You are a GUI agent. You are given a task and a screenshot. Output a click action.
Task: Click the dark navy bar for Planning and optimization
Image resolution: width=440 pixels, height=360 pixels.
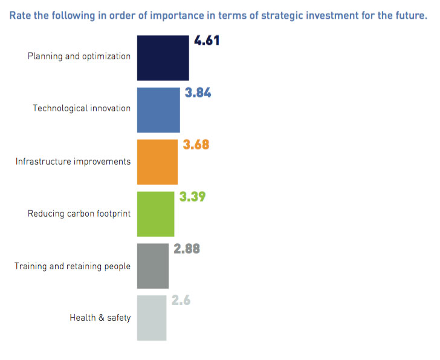click(163, 57)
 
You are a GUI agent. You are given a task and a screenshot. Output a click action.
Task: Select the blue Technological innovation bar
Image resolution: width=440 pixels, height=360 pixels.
click(158, 110)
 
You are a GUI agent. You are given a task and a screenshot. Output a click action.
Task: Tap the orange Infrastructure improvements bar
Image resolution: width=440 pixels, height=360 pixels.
click(158, 162)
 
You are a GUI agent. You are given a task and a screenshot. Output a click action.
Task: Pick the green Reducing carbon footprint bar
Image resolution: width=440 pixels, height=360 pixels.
click(156, 214)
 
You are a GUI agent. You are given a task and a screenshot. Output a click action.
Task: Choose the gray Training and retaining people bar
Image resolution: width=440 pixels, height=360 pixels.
click(153, 266)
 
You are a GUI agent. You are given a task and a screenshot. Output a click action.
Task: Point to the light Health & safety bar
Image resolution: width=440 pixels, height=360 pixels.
click(152, 318)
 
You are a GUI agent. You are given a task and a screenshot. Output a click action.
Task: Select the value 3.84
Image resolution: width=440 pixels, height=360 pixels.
click(198, 94)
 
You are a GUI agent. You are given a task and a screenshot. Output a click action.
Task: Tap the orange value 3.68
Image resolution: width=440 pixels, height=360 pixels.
click(196, 145)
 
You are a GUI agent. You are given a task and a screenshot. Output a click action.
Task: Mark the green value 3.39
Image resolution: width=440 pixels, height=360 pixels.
click(193, 197)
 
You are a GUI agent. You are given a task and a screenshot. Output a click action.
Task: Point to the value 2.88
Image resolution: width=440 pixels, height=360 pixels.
click(187, 249)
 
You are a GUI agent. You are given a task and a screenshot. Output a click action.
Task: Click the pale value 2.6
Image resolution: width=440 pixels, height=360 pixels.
click(181, 301)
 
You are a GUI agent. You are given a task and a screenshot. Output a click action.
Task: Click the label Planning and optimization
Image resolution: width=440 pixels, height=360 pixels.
click(79, 56)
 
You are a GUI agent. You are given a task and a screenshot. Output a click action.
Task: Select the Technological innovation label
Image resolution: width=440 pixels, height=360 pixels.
click(82, 109)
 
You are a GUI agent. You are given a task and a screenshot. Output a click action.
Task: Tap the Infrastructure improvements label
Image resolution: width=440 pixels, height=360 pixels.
click(73, 162)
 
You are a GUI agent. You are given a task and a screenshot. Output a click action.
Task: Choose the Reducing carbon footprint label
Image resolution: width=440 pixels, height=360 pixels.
click(79, 214)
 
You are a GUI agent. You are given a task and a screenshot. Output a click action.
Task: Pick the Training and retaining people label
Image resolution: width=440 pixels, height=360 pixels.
click(73, 266)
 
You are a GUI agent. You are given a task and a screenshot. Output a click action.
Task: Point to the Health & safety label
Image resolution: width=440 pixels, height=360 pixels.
click(100, 318)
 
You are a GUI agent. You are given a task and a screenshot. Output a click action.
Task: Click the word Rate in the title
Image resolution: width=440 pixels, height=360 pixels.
click(20, 16)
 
